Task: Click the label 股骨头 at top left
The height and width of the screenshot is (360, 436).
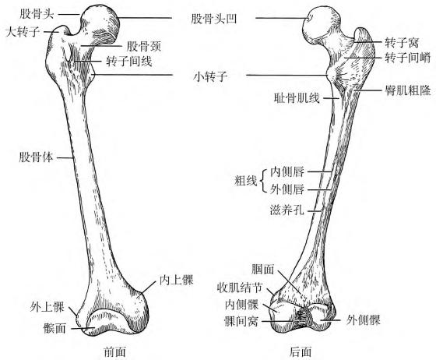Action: (37, 14)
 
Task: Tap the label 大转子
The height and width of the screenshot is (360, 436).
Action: (23, 32)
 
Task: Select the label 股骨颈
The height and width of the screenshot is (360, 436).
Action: (144, 46)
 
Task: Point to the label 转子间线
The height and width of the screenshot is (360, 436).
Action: (129, 62)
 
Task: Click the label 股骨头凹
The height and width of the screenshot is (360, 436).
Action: (213, 19)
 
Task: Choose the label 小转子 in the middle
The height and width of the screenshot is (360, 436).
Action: (210, 76)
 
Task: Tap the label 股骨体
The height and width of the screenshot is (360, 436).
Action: (36, 157)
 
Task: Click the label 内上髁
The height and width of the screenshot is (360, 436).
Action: (176, 280)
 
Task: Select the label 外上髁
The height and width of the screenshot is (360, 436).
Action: (47, 307)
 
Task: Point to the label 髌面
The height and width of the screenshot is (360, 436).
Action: (54, 329)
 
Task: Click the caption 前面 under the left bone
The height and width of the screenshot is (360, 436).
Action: (114, 352)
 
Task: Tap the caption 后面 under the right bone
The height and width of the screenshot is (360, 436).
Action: (300, 352)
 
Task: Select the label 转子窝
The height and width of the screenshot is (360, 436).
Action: (402, 43)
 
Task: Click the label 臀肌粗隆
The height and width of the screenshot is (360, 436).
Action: (408, 90)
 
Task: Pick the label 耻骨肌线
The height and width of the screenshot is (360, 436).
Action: (297, 98)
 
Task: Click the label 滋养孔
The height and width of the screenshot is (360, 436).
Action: (287, 210)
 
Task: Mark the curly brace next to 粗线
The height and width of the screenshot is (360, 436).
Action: (262, 181)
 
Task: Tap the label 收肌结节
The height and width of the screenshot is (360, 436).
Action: (240, 288)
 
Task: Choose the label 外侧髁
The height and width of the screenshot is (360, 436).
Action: (363, 320)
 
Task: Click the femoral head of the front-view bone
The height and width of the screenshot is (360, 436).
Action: (100, 23)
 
